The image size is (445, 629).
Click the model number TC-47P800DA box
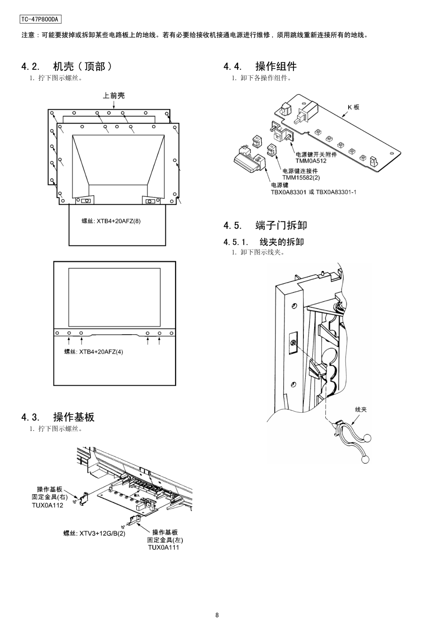(x=40, y=19)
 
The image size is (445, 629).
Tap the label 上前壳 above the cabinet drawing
(x=114, y=95)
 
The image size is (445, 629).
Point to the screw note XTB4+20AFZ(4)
(x=100, y=352)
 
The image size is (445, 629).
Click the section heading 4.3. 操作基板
(x=58, y=417)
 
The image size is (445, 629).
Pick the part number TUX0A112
(x=48, y=505)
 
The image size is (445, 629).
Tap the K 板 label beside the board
(x=354, y=107)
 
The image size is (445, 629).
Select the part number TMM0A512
(x=311, y=161)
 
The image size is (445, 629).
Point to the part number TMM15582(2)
(x=301, y=177)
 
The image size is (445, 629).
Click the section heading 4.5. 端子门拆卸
(x=265, y=225)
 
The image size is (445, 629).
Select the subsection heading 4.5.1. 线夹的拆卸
(x=264, y=242)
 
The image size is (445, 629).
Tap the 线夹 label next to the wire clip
(x=361, y=409)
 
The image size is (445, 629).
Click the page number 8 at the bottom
(x=217, y=615)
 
